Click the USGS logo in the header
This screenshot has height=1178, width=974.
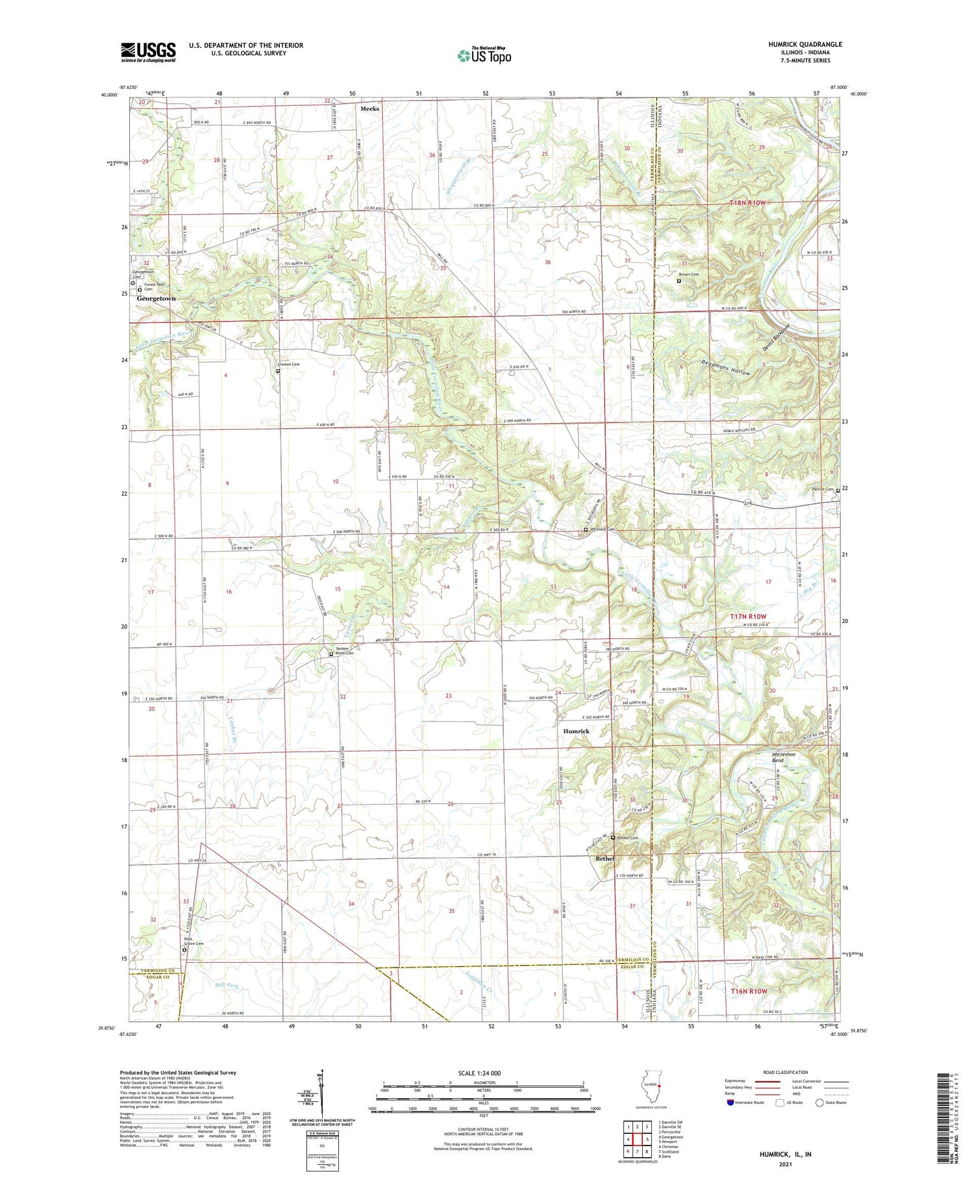coord(148,52)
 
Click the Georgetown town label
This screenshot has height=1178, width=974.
coord(156,298)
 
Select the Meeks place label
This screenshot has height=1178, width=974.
coord(369,109)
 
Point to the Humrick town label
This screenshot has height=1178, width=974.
coord(576,731)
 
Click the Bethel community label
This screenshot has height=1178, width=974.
coord(605,858)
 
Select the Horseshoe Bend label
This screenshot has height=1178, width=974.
coord(777,758)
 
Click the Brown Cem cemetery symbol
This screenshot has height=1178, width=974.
coord(679,281)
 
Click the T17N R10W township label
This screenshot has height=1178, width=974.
coord(748,616)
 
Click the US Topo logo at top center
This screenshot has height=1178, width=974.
coord(484,55)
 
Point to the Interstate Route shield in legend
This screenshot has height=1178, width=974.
coord(730,1103)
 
